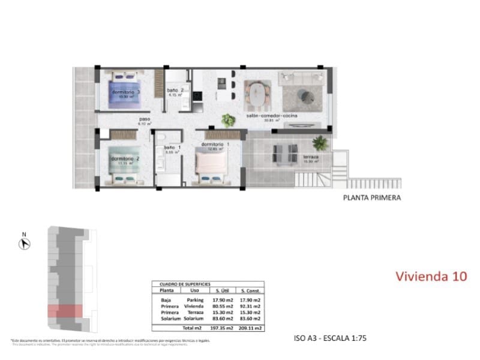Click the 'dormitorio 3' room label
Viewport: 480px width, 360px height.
tap(125, 92)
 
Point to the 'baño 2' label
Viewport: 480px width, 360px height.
tap(175, 91)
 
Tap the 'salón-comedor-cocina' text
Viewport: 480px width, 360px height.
tap(272, 116)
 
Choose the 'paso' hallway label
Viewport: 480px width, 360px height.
tap(144, 119)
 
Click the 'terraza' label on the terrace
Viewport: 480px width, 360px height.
tap(311, 157)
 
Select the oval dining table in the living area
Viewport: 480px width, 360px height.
tap(258, 94)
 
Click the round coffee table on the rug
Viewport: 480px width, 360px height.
tap(307, 94)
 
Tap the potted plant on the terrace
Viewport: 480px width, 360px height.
tap(320, 143)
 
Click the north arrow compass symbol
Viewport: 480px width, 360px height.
tap(25, 244)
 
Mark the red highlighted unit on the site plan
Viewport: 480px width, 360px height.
tap(64, 311)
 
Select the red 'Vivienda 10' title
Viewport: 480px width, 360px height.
tap(431, 276)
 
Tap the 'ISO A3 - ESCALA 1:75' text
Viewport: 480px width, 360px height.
tap(331, 338)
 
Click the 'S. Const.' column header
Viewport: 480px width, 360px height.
tap(249, 290)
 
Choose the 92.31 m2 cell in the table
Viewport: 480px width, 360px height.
tap(249, 305)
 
